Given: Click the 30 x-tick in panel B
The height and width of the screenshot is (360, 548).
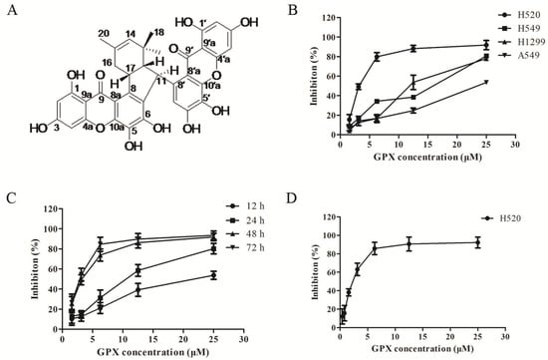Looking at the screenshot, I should point(514,146).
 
